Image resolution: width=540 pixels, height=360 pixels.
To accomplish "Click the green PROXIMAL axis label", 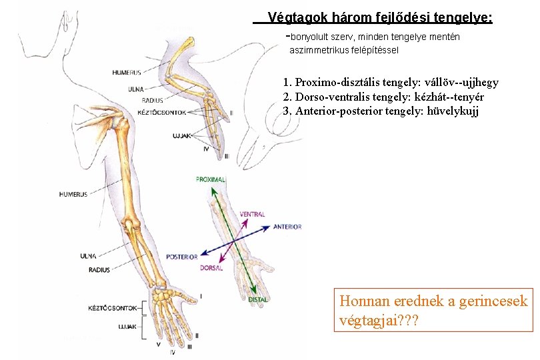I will tap(211, 179).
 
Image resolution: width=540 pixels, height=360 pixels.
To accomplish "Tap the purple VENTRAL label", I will tap(252, 214).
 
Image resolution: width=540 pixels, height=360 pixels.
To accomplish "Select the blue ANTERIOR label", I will tap(287, 227).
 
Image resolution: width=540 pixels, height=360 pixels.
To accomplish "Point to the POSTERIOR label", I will tap(181, 257).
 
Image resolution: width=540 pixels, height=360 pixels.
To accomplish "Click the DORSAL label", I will tap(211, 268).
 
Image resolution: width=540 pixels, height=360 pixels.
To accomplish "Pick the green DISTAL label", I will tap(258, 300).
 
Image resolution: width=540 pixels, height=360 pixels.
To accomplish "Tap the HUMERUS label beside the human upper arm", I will tap(73, 195).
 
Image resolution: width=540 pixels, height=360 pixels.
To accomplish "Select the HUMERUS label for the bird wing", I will tap(125, 72).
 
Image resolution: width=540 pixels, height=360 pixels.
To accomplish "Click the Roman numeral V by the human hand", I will tap(158, 344).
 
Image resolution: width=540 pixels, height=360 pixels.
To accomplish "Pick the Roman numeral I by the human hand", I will tap(201, 295).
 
